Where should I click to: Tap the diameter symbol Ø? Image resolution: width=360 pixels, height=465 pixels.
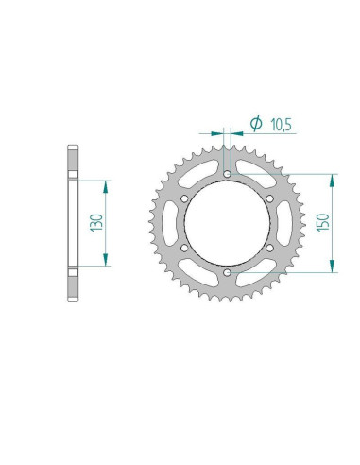254,122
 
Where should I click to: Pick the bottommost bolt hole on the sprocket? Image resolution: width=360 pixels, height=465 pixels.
228,273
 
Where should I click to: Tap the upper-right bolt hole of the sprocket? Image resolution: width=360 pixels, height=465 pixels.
270,199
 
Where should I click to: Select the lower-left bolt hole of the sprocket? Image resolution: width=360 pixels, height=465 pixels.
185,249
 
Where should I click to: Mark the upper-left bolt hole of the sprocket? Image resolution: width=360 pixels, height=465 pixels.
185,199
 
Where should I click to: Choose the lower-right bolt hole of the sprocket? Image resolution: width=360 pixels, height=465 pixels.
270,249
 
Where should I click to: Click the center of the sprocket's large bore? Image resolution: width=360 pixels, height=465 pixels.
228,224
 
